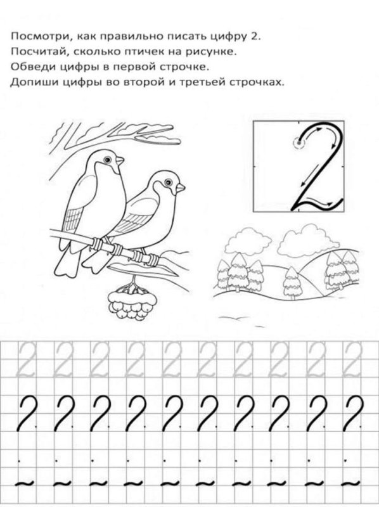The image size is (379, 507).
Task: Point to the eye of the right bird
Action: (x=169, y=183)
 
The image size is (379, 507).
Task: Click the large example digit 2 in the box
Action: (x=318, y=168)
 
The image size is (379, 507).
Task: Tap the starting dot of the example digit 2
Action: (x=297, y=144)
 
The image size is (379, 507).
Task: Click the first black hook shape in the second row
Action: (x=27, y=413)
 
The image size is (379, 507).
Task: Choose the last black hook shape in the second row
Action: (x=352, y=413)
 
